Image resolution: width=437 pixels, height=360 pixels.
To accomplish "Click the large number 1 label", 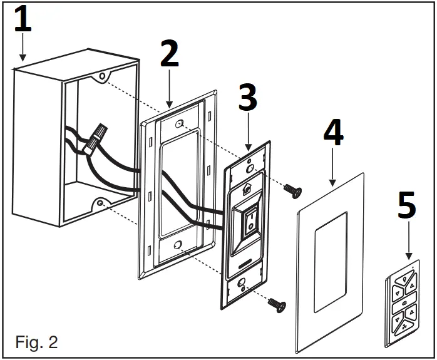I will click(x=23, y=21).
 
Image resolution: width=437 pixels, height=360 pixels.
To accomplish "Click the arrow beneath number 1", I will click(x=24, y=49).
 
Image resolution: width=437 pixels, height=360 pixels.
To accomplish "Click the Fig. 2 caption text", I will click(x=37, y=342).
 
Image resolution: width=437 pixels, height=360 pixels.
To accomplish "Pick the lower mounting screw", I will click(x=276, y=304).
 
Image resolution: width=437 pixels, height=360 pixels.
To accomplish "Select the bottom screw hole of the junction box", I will click(x=100, y=204).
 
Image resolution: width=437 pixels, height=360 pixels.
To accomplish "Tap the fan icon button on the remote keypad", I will click(x=407, y=327).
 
